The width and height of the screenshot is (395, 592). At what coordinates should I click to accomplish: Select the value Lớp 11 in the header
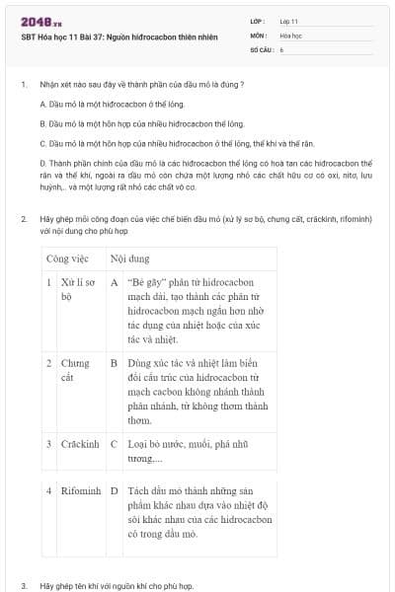pyautogui.click(x=289, y=20)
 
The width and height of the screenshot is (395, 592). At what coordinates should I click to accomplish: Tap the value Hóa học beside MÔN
pyautogui.click(x=290, y=34)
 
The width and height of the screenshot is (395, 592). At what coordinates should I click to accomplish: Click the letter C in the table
pyautogui.click(x=114, y=444)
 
